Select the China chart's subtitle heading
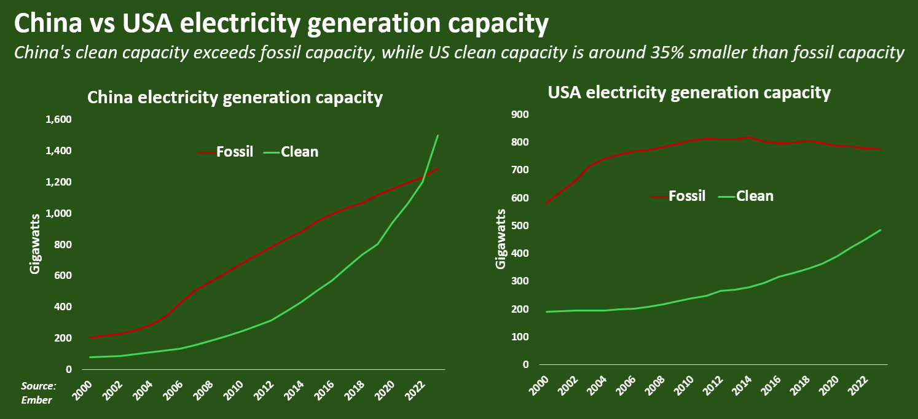coord(235,98)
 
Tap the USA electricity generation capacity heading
coord(689,93)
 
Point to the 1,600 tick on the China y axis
coord(59,119)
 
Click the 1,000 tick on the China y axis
coord(59,213)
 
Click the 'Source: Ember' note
coord(38,393)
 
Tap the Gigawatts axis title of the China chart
coord(35,244)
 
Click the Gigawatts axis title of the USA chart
coord(501,239)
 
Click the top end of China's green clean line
coord(437,135)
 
